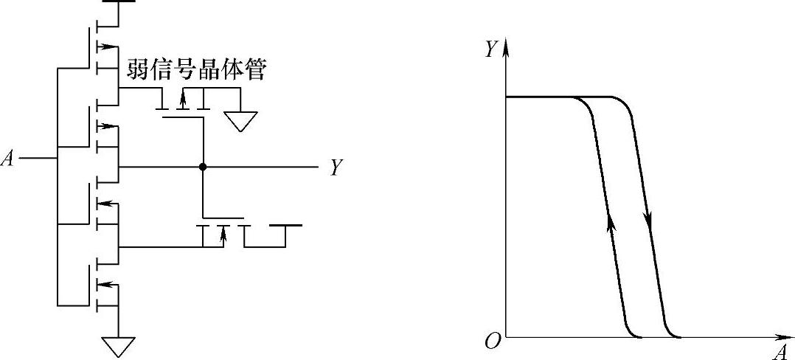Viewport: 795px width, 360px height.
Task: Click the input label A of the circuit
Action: click(x=8, y=159)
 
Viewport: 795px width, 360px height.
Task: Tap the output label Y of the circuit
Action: click(x=336, y=168)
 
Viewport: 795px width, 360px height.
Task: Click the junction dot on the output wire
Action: click(x=202, y=167)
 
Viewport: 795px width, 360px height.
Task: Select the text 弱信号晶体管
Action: click(x=197, y=71)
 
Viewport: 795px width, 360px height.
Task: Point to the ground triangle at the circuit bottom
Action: click(x=118, y=345)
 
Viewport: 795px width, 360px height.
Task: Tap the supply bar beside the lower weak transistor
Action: click(x=285, y=225)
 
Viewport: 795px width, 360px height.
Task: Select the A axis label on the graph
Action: click(x=780, y=352)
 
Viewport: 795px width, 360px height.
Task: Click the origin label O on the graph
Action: click(x=492, y=341)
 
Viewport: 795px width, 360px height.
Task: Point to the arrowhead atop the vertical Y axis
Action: click(x=507, y=43)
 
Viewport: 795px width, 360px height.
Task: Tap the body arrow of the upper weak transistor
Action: click(x=182, y=98)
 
